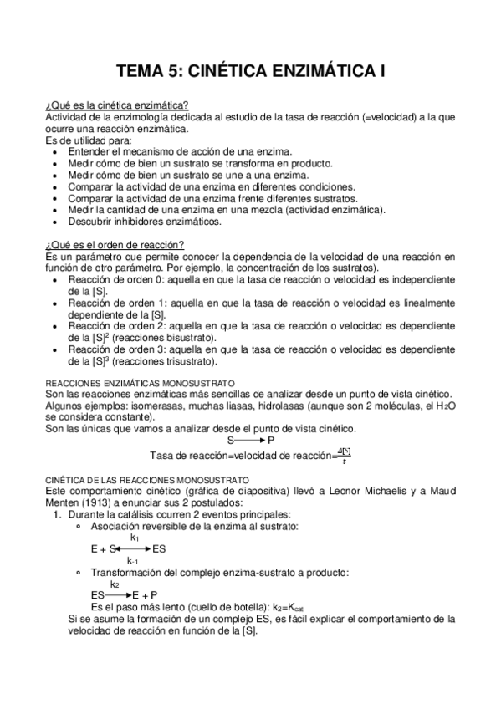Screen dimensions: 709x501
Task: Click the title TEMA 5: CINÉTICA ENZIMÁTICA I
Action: click(x=250, y=73)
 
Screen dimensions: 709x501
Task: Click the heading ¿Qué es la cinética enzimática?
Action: click(x=116, y=106)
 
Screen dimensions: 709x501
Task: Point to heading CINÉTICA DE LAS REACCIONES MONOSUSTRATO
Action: click(x=147, y=479)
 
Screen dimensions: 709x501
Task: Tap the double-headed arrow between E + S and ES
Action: click(x=132, y=549)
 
